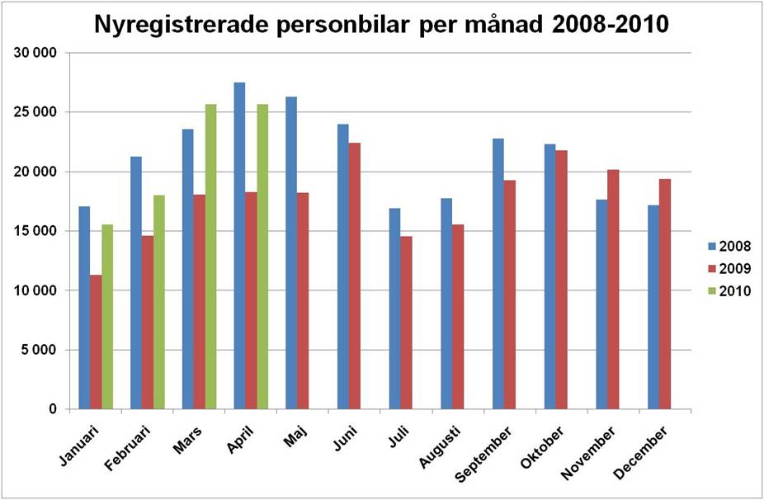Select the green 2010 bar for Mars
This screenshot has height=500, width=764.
210,257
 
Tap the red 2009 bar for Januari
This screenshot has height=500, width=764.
96,342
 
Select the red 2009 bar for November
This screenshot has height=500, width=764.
613,289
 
